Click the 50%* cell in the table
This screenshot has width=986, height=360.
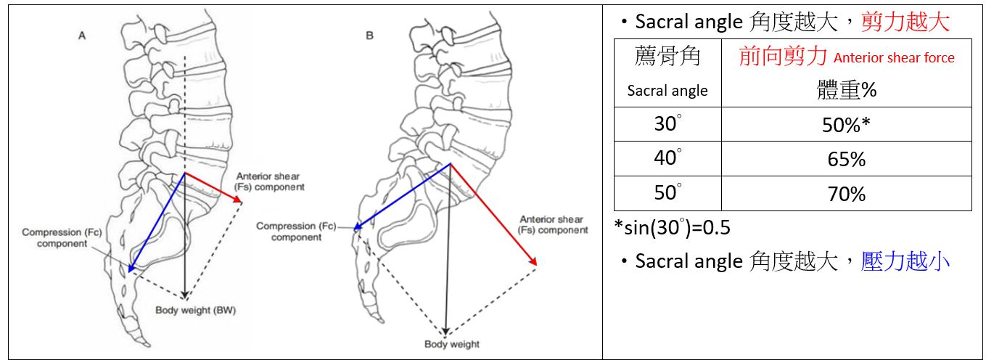[x=846, y=124]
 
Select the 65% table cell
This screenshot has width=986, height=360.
[x=846, y=159]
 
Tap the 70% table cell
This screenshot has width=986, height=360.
[x=846, y=194]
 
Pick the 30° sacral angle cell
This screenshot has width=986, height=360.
[x=667, y=124]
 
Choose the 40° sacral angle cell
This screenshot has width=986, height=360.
[x=667, y=159]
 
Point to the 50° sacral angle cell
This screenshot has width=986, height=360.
[x=667, y=194]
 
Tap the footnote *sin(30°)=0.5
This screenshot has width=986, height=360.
[x=672, y=227]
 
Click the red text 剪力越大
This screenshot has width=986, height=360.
[x=905, y=22]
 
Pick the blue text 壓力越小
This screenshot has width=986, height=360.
[x=905, y=261]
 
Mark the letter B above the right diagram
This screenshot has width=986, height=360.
[x=370, y=35]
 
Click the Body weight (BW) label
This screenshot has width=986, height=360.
[x=197, y=311]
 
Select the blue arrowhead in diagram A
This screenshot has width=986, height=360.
[x=130, y=269]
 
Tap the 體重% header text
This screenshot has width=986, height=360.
[x=846, y=90]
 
